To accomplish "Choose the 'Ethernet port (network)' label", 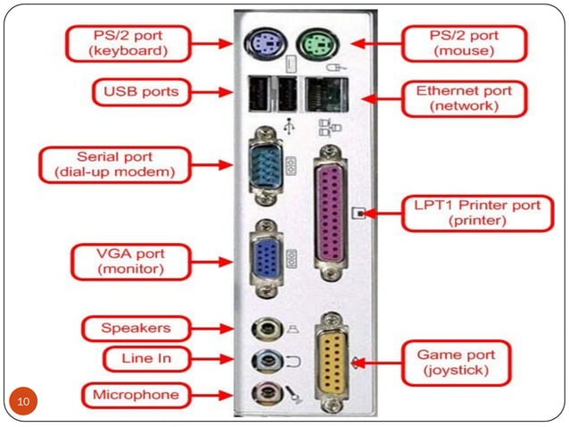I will click(464, 97).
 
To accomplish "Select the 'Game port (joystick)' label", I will click(452, 360).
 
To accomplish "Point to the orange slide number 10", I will click(24, 399).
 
